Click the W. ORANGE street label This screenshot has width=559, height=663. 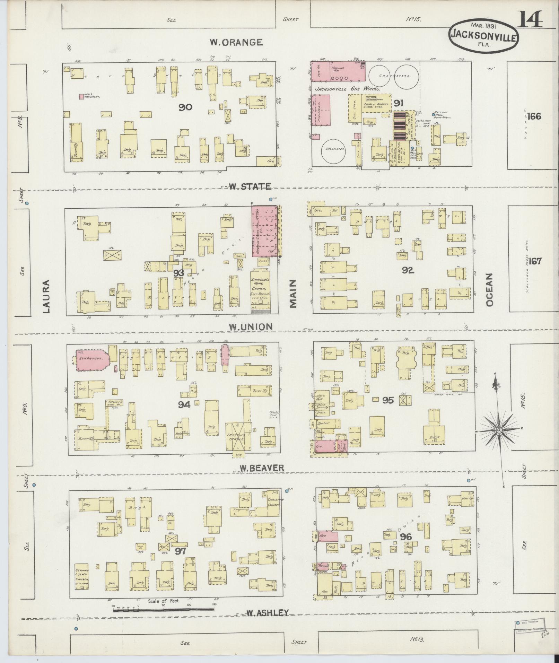click(236, 42)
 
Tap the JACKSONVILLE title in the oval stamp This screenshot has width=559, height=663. click(484, 35)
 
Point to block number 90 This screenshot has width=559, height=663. click(185, 107)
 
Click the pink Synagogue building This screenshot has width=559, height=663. click(92, 359)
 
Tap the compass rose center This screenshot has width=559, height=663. click(499, 430)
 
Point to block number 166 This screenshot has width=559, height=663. click(534, 116)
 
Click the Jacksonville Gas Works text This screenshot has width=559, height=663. click(348, 89)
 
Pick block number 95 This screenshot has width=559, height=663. click(388, 400)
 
